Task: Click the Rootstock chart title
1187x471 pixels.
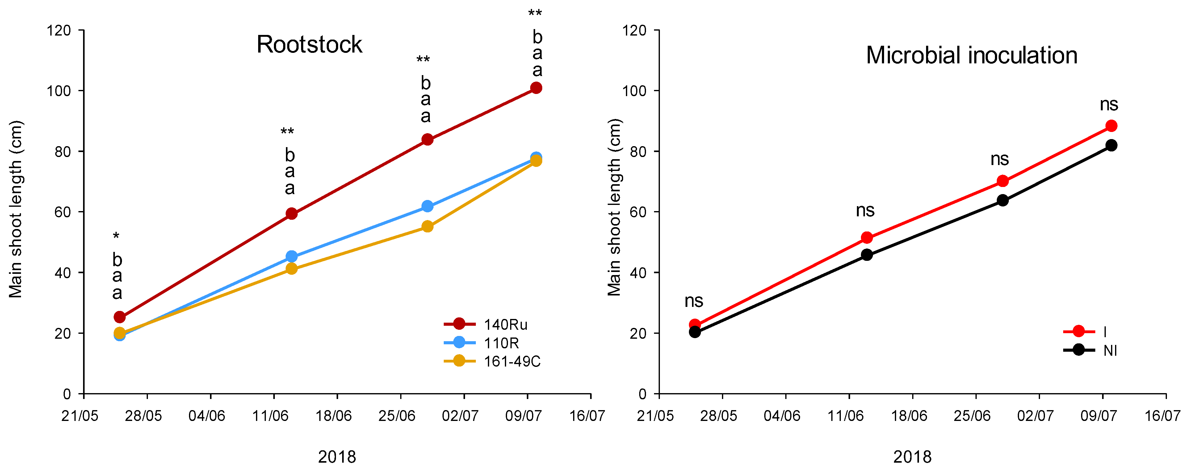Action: tap(309, 45)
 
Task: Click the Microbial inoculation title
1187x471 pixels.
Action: tap(971, 55)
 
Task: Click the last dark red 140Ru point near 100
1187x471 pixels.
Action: tap(536, 88)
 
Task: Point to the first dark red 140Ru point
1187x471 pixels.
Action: tap(119, 317)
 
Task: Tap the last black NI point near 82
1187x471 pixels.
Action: tap(1111, 145)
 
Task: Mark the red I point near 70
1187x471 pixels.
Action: tap(1003, 181)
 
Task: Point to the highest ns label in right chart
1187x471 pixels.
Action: tap(1109, 105)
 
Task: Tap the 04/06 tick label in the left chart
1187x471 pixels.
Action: tap(207, 416)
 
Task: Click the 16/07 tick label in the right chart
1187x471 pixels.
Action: tap(1162, 416)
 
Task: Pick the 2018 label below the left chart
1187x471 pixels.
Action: tap(337, 457)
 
